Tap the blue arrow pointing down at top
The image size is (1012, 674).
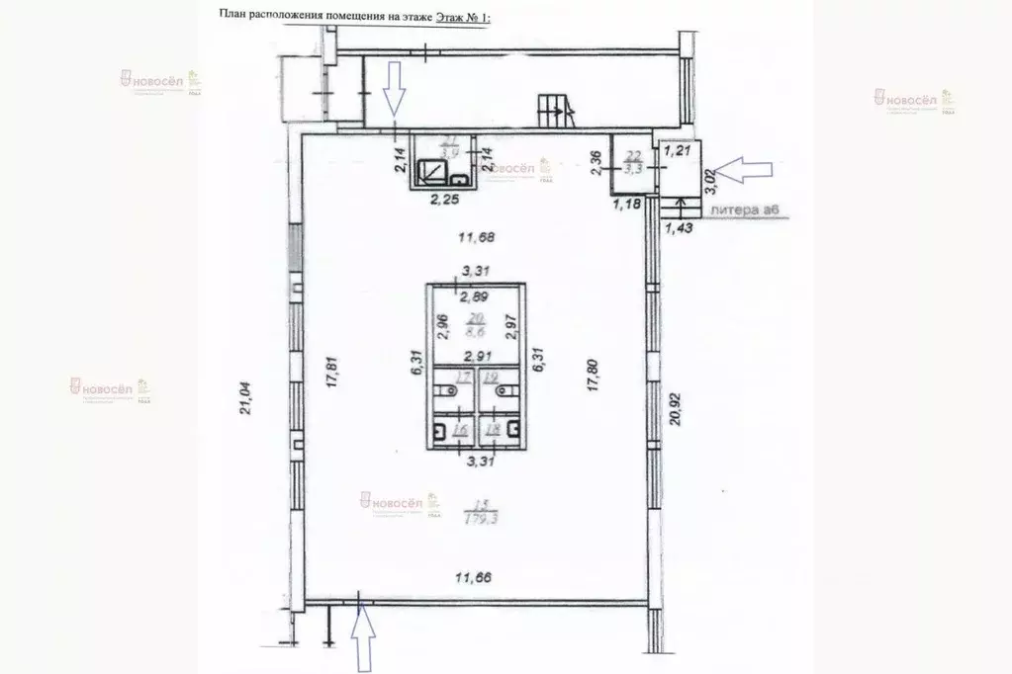[394, 88]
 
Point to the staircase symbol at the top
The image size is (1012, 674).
[552, 110]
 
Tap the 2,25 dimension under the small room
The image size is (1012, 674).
[442, 207]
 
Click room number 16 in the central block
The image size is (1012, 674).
[461, 430]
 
